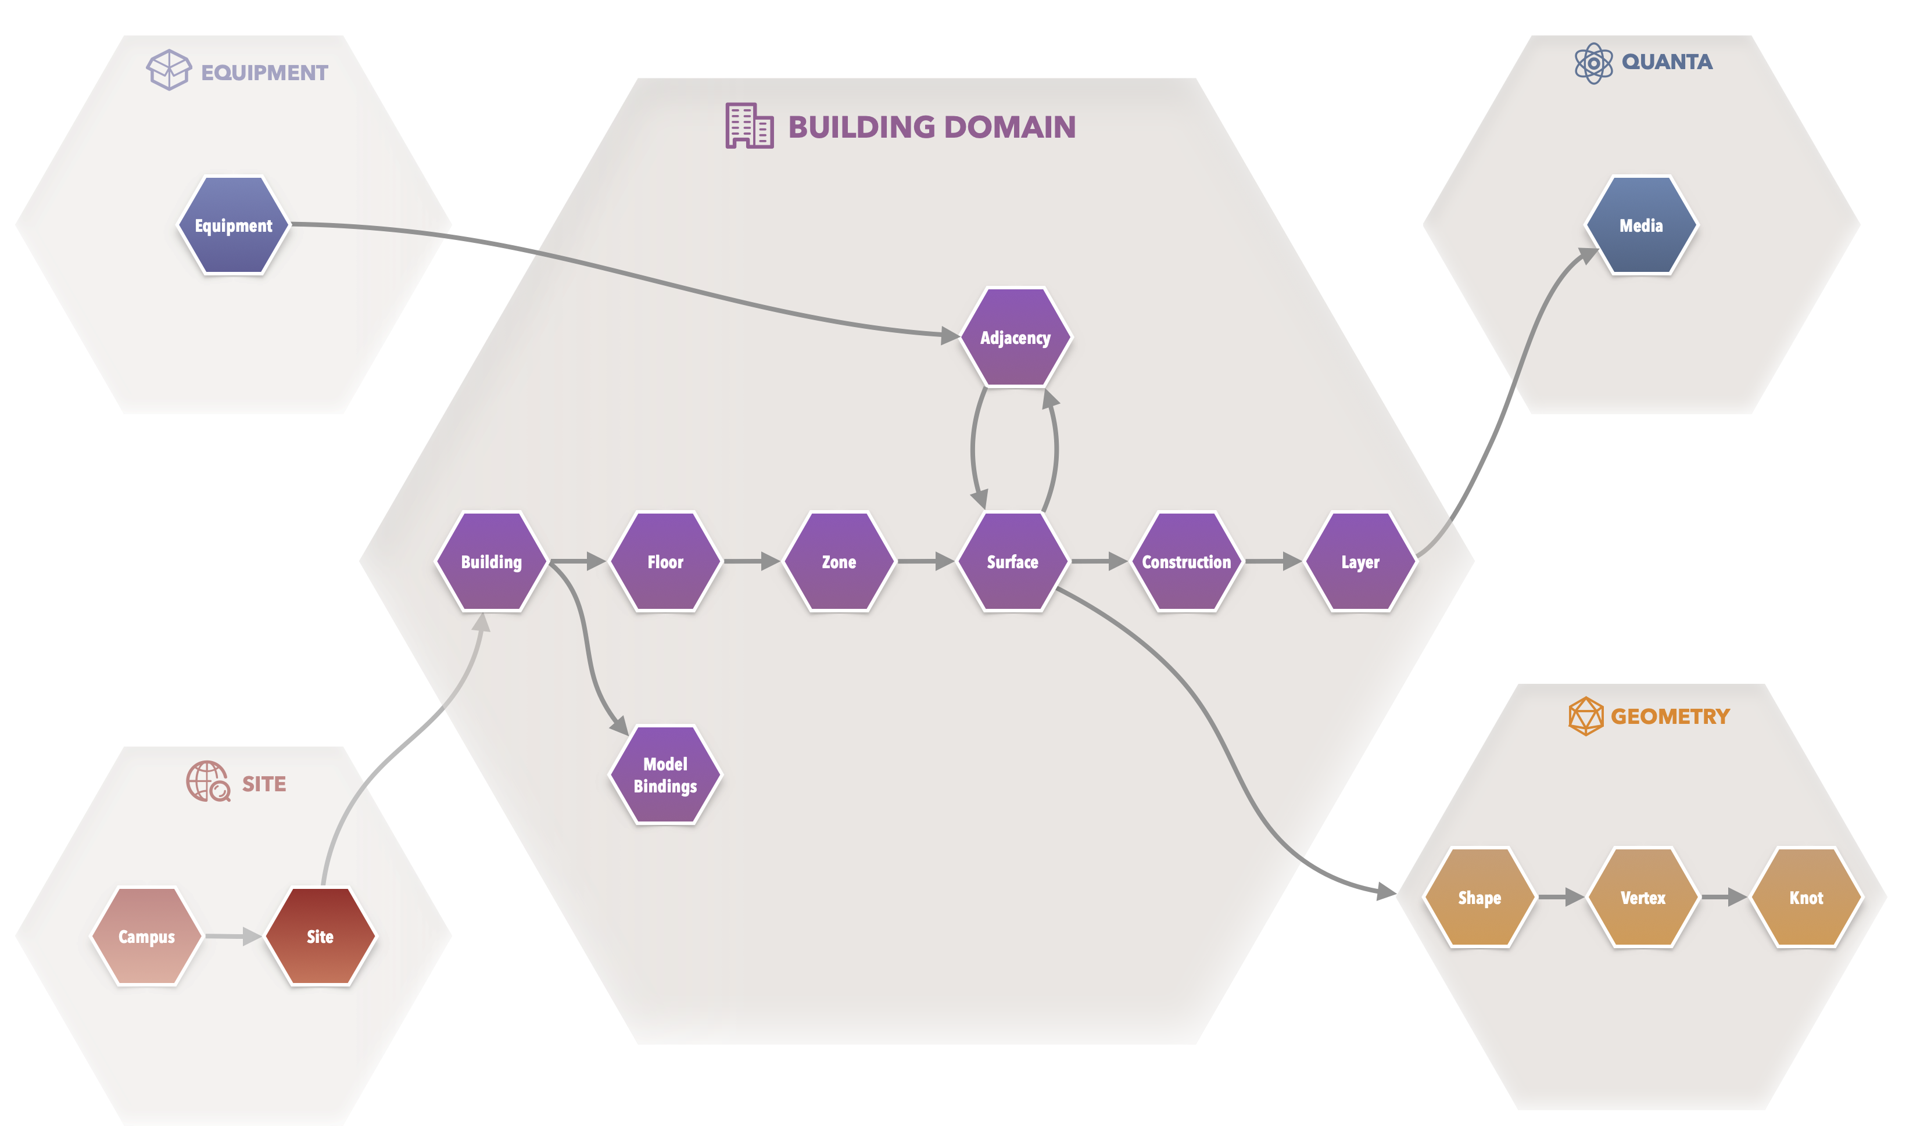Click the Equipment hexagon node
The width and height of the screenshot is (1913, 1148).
233,225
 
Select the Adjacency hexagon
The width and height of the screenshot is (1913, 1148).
1015,338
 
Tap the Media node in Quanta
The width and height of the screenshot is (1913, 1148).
1640,225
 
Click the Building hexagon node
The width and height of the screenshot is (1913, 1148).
491,562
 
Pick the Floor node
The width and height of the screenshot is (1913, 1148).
665,562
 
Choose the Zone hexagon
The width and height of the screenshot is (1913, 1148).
839,562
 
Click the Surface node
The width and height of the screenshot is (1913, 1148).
1013,562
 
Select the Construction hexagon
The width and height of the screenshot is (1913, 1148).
1186,562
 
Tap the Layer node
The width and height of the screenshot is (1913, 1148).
1360,562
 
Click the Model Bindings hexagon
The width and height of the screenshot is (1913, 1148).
665,774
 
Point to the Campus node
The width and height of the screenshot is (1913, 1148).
147,936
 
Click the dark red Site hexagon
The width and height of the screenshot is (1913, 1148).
320,936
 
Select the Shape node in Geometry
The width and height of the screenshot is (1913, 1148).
1479,898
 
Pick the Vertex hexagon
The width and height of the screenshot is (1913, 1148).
1642,898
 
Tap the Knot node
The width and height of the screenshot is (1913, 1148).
1806,898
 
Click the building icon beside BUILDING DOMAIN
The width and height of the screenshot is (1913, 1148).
748,125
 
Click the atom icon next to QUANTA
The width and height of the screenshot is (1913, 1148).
1593,63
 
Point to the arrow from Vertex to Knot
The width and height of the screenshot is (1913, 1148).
1724,898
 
